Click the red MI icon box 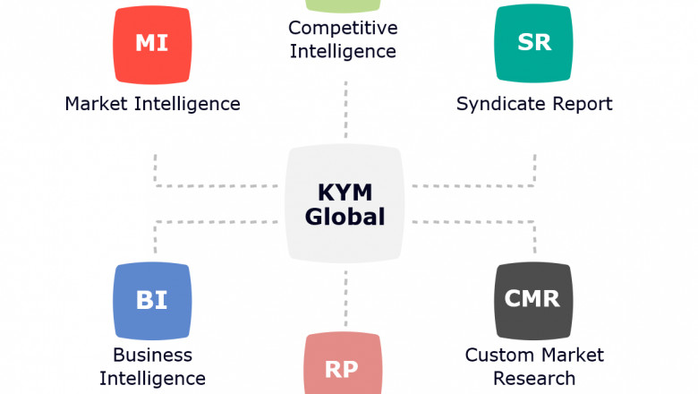coord(152,45)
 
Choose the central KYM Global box coord(345,204)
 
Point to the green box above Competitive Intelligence coord(344,5)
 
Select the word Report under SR coord(578,104)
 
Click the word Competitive coord(343,28)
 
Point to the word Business coord(152,355)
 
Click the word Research coord(534,378)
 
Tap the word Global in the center coord(345,217)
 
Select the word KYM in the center coord(345,192)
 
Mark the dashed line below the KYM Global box coord(345,291)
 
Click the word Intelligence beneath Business coord(152,379)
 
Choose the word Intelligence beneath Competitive coord(343,51)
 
